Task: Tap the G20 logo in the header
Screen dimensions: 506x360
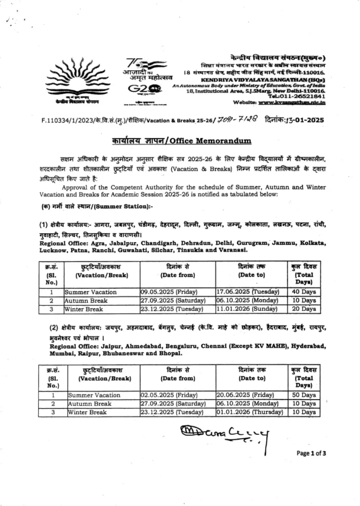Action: [143, 89]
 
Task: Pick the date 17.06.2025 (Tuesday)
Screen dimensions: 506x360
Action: [247, 292]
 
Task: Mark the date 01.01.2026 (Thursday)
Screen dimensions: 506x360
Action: [249, 412]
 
